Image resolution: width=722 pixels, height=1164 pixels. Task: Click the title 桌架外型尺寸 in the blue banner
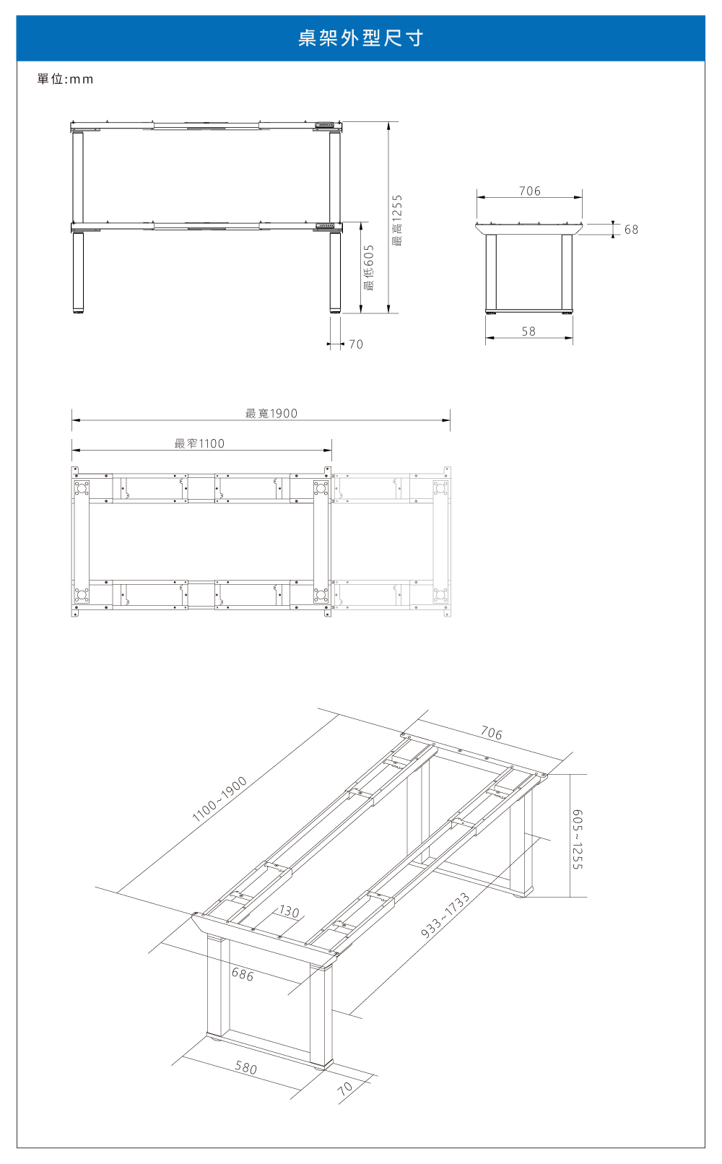(x=360, y=38)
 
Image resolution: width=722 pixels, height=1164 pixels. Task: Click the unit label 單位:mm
(x=66, y=79)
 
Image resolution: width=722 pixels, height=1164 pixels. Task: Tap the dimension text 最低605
(x=369, y=267)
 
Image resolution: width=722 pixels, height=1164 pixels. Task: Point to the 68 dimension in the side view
(x=631, y=230)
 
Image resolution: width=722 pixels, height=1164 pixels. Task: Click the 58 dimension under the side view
(x=529, y=331)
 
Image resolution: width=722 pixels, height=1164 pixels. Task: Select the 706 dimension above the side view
(x=529, y=191)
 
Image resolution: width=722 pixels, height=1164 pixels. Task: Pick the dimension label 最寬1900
(x=271, y=414)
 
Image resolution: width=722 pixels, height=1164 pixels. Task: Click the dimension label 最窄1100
(x=199, y=444)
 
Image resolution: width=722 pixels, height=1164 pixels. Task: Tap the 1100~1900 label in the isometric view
(x=219, y=799)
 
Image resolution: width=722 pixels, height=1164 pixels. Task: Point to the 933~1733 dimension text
(x=445, y=916)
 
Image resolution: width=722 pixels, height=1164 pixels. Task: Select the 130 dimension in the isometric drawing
(x=289, y=912)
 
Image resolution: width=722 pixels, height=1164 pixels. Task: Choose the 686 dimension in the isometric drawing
(x=243, y=975)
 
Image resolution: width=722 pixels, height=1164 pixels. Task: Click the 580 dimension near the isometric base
(x=245, y=1067)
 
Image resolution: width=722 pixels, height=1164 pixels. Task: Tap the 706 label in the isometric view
(x=491, y=733)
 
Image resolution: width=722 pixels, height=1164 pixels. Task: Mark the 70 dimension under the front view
(x=356, y=344)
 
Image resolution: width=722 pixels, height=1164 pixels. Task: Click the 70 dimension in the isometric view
(x=345, y=1088)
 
